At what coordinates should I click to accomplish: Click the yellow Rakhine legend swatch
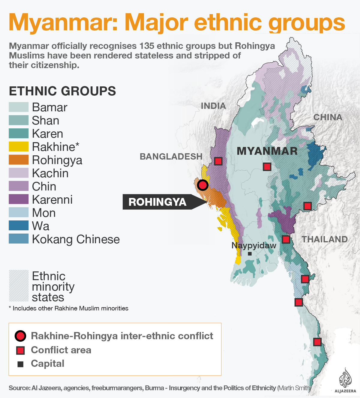[19, 147]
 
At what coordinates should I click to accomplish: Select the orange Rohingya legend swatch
[19, 160]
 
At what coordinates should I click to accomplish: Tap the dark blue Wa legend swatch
[19, 226]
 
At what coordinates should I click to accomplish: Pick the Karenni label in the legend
[52, 200]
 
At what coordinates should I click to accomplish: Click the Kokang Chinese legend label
[76, 239]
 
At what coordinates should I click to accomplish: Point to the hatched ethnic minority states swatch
[19, 286]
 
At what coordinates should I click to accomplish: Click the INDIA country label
[213, 106]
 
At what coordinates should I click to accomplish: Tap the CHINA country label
[328, 117]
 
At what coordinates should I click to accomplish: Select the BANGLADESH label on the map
[171, 157]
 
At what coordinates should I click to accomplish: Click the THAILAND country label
[325, 239]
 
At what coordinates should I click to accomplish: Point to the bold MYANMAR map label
[267, 151]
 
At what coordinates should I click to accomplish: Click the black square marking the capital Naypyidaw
[250, 254]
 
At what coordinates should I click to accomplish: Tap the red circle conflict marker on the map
[203, 185]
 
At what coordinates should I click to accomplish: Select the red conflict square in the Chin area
[218, 161]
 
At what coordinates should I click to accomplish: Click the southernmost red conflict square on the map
[317, 342]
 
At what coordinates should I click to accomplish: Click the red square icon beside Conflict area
[20, 350]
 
